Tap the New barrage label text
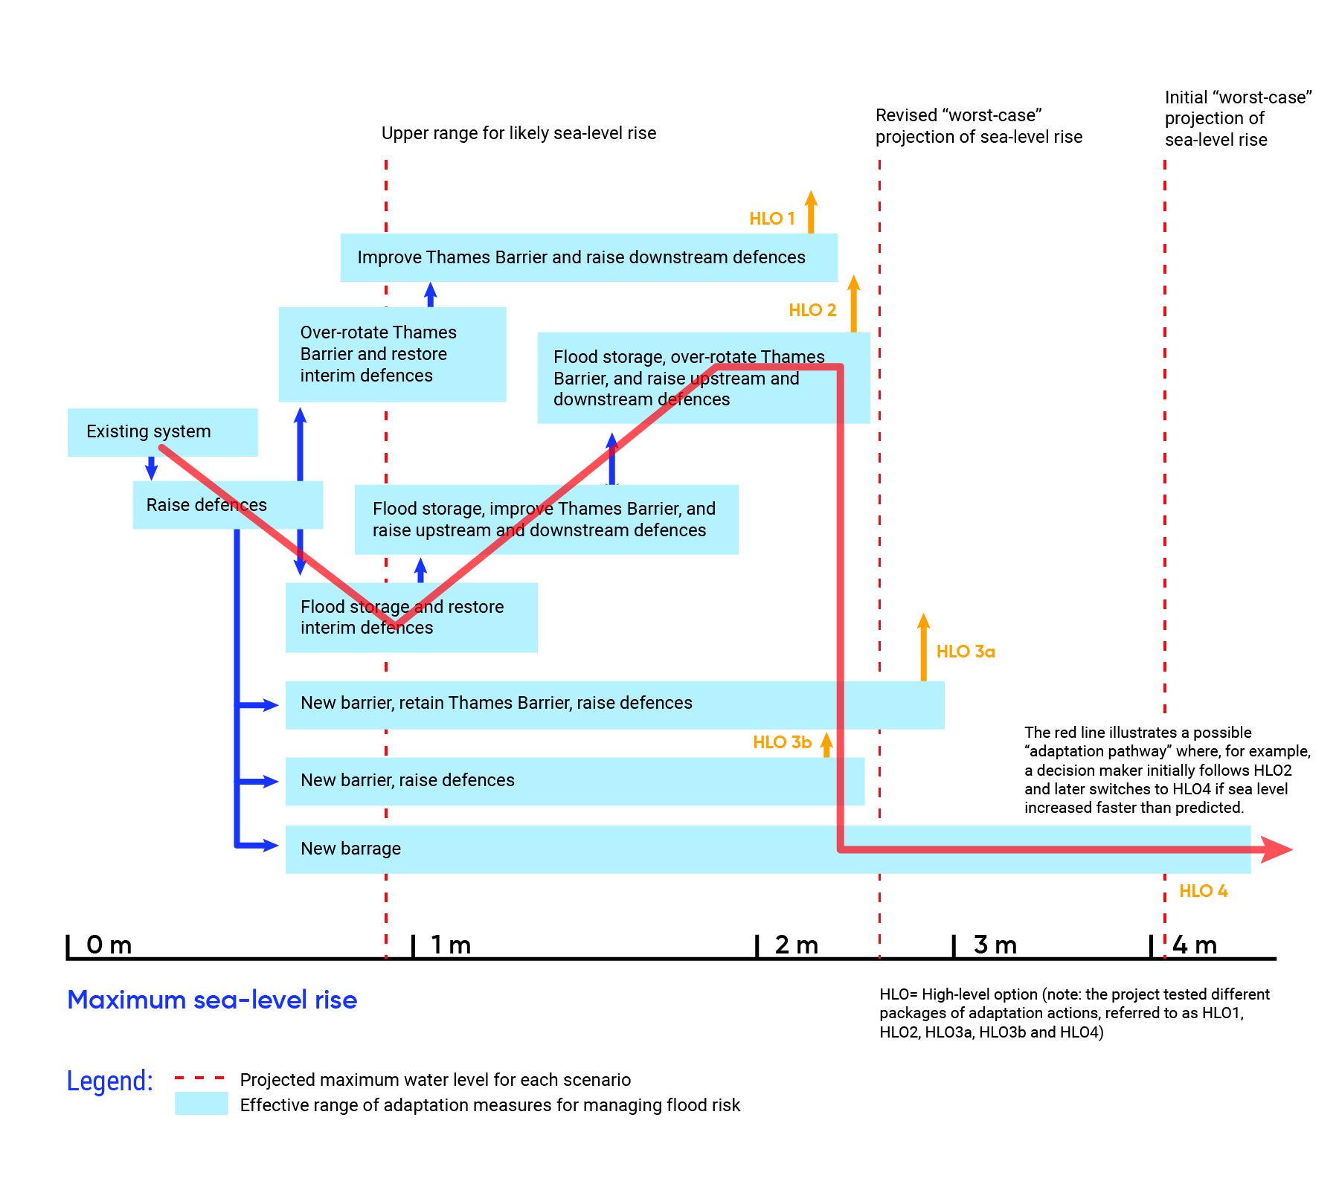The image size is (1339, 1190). (x=350, y=849)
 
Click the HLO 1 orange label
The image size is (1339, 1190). (x=771, y=219)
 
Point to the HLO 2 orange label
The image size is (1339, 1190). (x=812, y=310)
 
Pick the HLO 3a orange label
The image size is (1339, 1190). (x=965, y=652)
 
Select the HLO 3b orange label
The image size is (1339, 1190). (x=782, y=742)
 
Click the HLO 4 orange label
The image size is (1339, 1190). (x=1203, y=891)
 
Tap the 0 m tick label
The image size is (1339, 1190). (x=109, y=945)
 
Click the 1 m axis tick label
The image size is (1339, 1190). (x=451, y=945)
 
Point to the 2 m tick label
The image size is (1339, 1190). (x=796, y=945)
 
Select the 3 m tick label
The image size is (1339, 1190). (x=995, y=945)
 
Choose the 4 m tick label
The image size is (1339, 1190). (x=1195, y=945)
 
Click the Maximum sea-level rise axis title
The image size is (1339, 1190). (x=212, y=1000)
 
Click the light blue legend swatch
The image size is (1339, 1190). (x=202, y=1103)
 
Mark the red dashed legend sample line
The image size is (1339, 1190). (x=199, y=1078)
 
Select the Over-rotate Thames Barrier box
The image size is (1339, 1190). (x=392, y=354)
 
